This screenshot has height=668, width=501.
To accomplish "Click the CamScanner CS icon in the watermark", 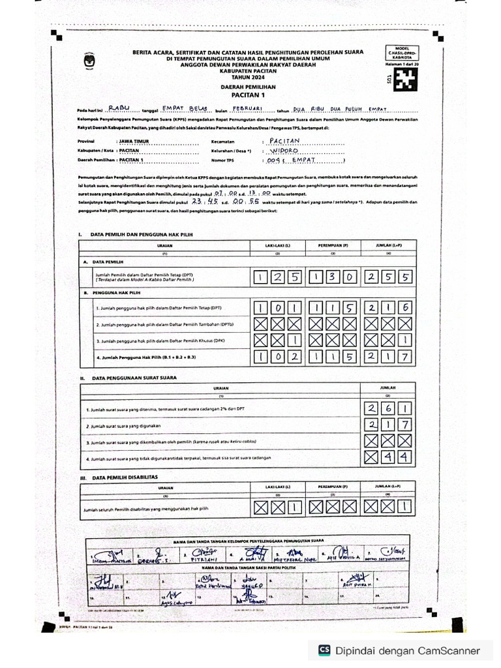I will (324, 650).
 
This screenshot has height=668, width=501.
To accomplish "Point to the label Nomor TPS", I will (222, 159).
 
